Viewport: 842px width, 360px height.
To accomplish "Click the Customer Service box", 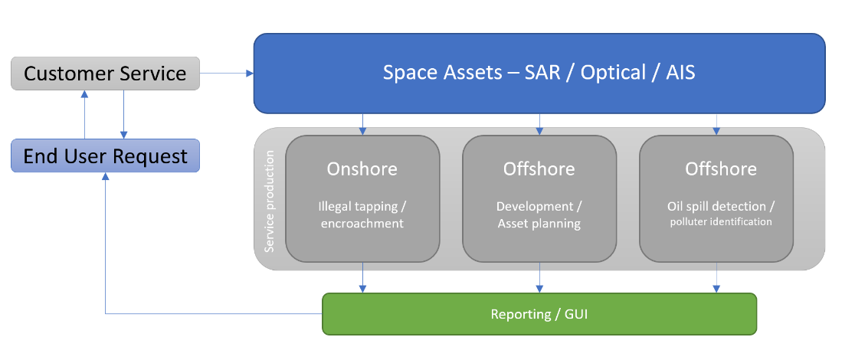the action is click(x=105, y=74).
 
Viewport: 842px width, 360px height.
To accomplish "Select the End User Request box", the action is click(x=105, y=155).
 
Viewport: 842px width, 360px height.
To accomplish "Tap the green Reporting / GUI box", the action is click(x=539, y=314).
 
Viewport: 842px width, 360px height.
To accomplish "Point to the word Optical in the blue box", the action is click(x=613, y=73).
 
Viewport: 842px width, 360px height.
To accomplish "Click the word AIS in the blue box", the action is click(x=680, y=73).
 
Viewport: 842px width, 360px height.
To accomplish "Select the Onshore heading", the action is click(x=362, y=169).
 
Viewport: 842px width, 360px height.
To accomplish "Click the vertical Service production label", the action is click(x=270, y=201).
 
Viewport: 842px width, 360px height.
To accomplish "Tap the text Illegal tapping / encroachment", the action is click(x=362, y=214).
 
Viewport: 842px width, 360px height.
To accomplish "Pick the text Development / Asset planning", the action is click(x=539, y=215).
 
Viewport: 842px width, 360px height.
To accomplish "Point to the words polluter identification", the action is click(x=721, y=221).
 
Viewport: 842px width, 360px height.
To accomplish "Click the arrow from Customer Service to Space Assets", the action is click(x=227, y=74).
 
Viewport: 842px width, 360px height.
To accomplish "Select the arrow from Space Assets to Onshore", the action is click(x=362, y=124).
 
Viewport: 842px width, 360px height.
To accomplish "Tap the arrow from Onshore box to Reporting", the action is click(x=362, y=277).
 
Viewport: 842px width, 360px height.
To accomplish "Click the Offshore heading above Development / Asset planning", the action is click(x=539, y=169).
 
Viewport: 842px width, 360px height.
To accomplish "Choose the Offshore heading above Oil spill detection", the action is click(x=721, y=169).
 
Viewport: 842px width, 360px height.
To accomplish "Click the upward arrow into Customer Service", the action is click(x=84, y=114).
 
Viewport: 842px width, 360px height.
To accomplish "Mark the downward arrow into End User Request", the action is click(x=123, y=114).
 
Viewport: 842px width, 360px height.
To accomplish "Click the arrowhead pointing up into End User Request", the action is click(x=105, y=176).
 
